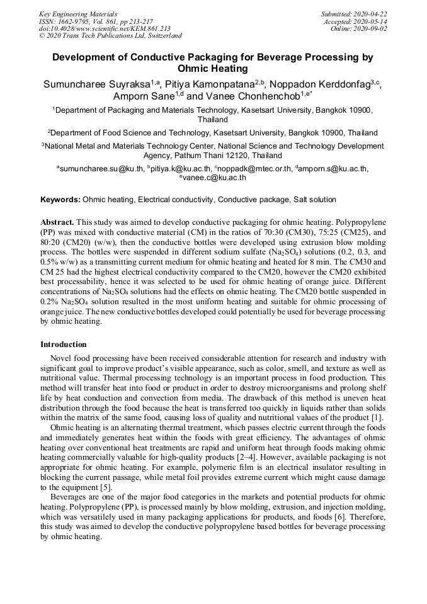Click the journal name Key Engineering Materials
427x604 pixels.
click(78, 13)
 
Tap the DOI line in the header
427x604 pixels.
click(105, 28)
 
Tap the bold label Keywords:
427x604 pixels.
click(60, 200)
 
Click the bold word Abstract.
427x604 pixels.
click(57, 222)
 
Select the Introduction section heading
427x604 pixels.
click(64, 344)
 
